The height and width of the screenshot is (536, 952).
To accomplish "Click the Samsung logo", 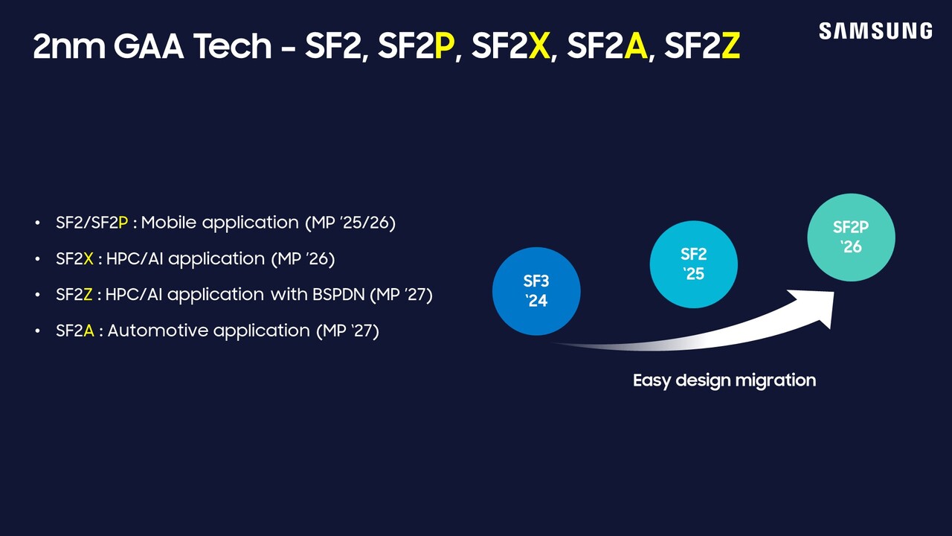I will pos(875,31).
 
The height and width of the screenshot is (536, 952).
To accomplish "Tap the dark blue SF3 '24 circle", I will pos(536,291).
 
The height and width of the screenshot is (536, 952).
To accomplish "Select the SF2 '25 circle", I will pos(693,264).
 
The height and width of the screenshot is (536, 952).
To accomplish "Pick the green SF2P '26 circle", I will pos(851,237).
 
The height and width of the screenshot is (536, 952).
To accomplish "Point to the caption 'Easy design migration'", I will pos(724,380).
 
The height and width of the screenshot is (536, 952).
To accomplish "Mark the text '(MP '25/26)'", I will pos(350,223).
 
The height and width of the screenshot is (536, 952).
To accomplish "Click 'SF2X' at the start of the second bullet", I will pos(74,259).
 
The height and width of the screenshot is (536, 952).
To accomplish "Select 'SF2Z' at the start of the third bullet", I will pos(74,295).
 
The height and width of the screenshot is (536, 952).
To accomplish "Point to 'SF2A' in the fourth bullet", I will pos(74,331).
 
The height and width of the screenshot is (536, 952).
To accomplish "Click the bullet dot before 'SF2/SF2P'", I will pos(38,223).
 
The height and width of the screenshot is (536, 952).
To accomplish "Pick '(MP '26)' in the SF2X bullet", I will pos(303,259).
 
